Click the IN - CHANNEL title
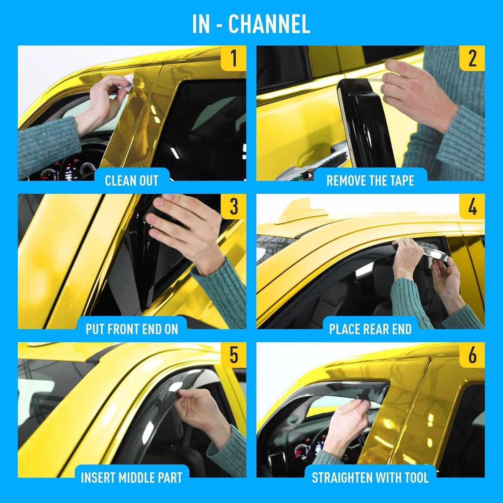tap(251, 24)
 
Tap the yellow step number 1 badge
tap(234, 58)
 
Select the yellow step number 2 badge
tap(472, 58)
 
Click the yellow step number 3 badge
tap(234, 206)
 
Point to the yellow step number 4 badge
tap(472, 206)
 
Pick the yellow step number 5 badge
tap(234, 355)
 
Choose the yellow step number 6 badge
tap(472, 355)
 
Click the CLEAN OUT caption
tap(132, 181)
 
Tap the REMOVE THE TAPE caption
tap(370, 181)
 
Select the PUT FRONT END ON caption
tap(132, 329)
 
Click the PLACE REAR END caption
tap(370, 329)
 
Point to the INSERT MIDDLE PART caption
tap(132, 478)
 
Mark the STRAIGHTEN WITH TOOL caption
tap(370, 478)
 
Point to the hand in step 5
tap(202, 411)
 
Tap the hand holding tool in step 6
tap(348, 418)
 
